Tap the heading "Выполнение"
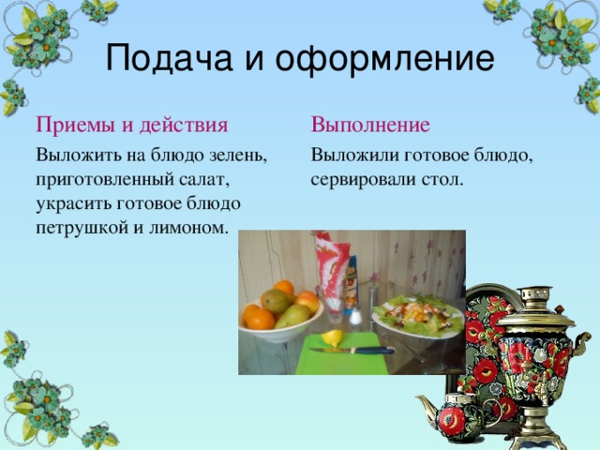(371, 126)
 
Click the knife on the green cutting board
(352, 351)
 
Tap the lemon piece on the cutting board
(333, 337)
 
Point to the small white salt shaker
(356, 316)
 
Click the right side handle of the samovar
(577, 347)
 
